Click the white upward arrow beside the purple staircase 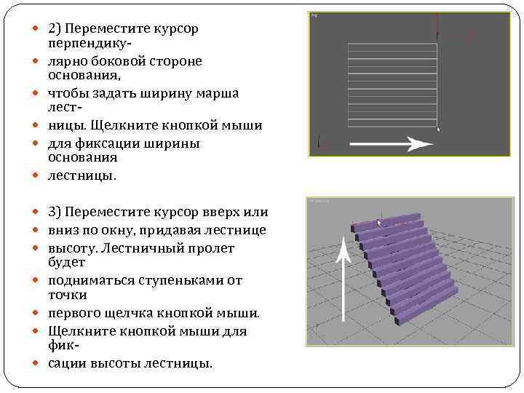pyautogui.click(x=346, y=277)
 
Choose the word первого pyautogui.click(x=73, y=313)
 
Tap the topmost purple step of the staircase pyautogui.click(x=386, y=221)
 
